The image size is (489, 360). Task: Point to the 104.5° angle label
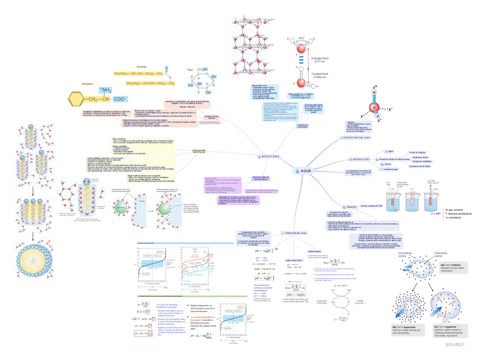[300, 39]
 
